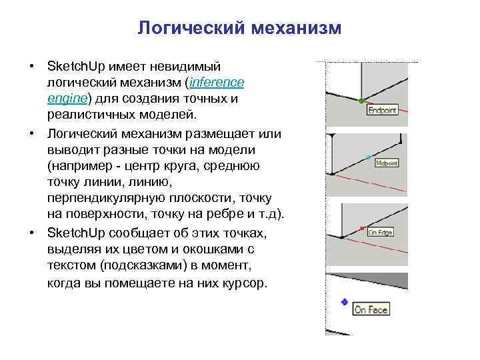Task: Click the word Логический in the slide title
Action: [190, 29]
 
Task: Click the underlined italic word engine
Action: [67, 98]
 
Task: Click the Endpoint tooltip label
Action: [382, 111]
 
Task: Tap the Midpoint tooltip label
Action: [387, 162]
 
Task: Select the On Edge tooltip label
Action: [381, 232]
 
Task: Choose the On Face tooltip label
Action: [371, 309]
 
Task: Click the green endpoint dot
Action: [361, 101]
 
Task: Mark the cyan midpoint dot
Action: [369, 157]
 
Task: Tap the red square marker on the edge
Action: [361, 229]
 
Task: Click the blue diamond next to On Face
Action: [344, 301]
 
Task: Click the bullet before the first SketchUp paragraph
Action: [31, 67]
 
